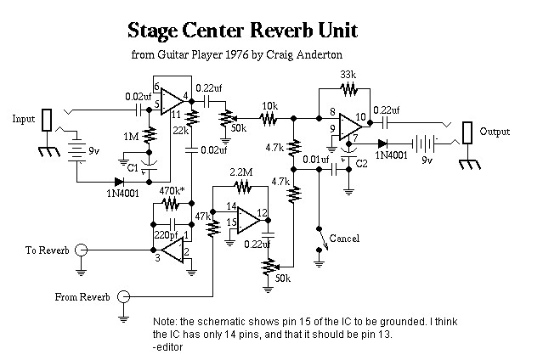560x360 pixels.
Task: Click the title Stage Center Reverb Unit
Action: click(242, 31)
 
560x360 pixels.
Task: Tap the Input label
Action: click(24, 119)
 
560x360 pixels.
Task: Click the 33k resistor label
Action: click(348, 75)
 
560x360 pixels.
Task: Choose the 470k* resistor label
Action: click(173, 191)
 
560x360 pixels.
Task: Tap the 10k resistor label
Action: click(269, 107)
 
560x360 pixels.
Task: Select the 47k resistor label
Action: click(205, 217)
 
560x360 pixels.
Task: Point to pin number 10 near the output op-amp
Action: click(360, 116)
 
